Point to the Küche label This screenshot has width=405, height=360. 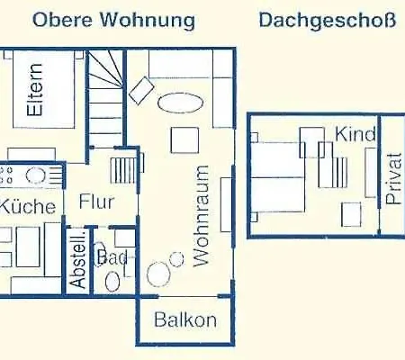coord(27,206)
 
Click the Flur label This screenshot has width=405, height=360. coord(95,202)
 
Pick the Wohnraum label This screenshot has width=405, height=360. coord(200,214)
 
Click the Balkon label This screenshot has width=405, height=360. coord(184,319)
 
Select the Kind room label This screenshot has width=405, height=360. coord(353,135)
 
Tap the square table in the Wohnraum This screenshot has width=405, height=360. coord(186,139)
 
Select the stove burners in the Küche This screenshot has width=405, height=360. coord(19,174)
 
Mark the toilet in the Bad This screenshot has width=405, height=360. coord(112,280)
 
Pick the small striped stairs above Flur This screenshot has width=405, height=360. coord(122,169)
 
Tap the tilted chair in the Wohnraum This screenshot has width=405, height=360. coord(140,90)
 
